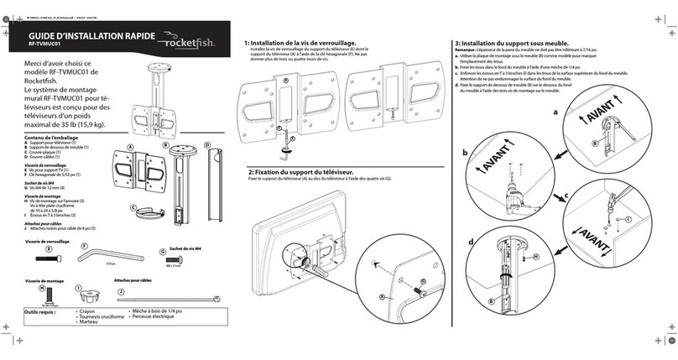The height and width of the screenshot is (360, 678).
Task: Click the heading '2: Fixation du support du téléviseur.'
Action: [303, 170]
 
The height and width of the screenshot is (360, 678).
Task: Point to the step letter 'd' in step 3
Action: [470, 243]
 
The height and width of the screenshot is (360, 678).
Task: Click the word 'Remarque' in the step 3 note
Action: [466, 50]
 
